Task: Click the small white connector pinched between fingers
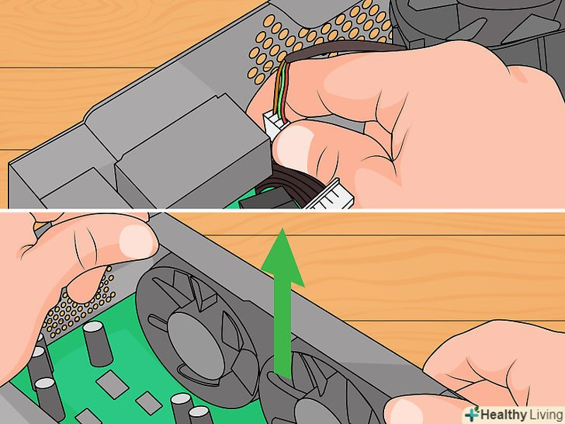[x=274, y=125]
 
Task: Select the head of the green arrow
[x=282, y=258]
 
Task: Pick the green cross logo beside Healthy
[x=471, y=415]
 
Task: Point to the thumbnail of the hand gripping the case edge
[x=136, y=241]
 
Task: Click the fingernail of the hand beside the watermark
[x=400, y=410]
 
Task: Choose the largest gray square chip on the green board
[x=112, y=384]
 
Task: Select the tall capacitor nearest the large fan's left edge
[x=96, y=343]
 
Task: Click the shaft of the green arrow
[x=282, y=332]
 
